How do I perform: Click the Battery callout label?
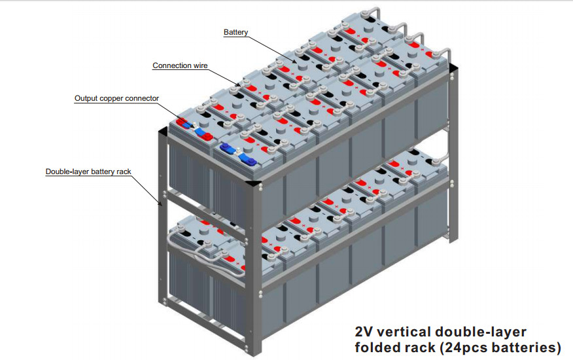(x=235, y=32)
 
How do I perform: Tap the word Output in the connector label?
(x=88, y=98)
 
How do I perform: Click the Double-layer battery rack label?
(x=88, y=172)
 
